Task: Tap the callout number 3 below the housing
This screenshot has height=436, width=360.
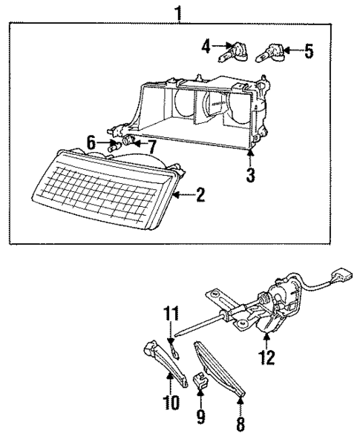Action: tap(251, 175)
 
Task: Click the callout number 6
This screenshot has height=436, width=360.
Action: tap(91, 140)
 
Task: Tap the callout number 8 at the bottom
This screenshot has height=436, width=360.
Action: tap(240, 424)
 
